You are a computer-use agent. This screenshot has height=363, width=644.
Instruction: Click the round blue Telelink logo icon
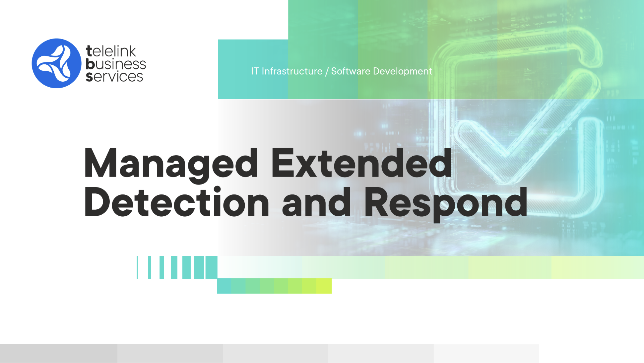56,63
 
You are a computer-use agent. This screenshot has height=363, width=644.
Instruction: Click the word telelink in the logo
111,51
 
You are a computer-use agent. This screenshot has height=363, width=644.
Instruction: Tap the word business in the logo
116,64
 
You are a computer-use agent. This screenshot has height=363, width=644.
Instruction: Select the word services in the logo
114,76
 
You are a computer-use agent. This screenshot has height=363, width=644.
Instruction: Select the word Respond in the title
446,204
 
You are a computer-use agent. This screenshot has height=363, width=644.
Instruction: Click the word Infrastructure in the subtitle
292,71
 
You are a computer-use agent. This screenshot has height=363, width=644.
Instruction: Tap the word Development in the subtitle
403,71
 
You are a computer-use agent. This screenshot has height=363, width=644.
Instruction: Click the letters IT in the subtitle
255,71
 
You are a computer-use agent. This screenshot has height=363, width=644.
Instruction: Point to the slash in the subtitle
327,71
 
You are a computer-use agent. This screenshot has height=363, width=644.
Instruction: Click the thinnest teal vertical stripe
137,267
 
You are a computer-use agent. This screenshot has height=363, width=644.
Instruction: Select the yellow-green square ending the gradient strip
324,286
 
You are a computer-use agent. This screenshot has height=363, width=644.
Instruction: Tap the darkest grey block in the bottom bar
59,353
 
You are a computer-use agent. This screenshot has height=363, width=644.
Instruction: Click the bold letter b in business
90,64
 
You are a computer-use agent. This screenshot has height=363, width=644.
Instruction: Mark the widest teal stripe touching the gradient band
211,267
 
